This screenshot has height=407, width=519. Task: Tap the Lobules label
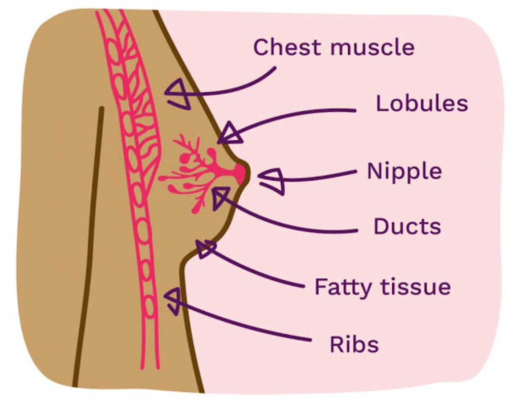(421, 103)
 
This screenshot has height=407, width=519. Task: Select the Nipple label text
(404, 172)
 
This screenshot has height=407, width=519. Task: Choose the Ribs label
(354, 344)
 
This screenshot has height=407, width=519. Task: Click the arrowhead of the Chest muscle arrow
(176, 94)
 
